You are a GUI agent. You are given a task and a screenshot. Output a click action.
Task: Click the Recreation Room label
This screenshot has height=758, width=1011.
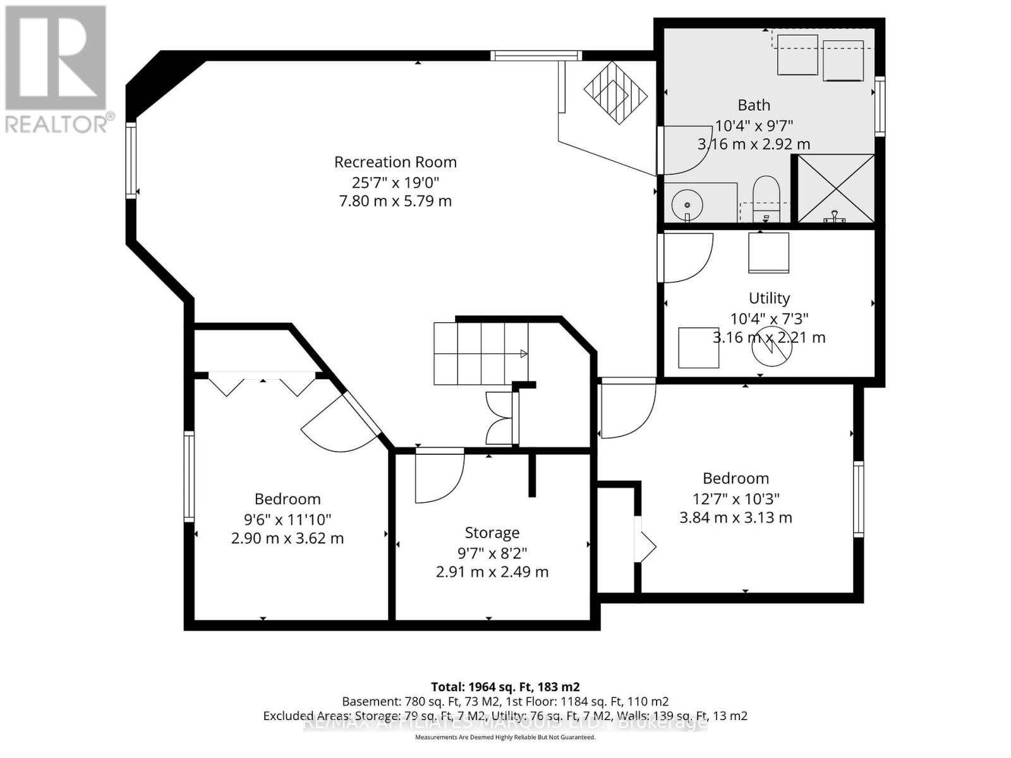coord(396,162)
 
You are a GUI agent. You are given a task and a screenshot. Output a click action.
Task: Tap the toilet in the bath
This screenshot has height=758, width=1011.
coord(766,197)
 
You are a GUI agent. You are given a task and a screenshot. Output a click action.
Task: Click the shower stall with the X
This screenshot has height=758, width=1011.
coord(836,188)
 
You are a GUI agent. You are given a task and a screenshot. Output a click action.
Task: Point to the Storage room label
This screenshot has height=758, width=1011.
coord(492,532)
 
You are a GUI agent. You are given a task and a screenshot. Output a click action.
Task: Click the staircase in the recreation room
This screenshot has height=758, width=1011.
coord(480,354)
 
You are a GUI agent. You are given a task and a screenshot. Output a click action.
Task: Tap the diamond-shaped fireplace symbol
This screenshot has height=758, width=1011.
coord(615,93)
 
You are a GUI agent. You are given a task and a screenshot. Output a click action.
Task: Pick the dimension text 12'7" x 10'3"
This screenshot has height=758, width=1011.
coord(736,498)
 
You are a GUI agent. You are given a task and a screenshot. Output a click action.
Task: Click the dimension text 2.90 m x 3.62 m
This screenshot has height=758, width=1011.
coord(288,539)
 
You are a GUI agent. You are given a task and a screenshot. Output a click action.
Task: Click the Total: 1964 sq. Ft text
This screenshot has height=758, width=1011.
coord(505,687)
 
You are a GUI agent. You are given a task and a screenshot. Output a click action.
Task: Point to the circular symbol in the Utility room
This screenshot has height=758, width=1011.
coord(772,346)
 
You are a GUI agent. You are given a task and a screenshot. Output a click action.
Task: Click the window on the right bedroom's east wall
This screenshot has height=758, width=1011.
coord(858,499)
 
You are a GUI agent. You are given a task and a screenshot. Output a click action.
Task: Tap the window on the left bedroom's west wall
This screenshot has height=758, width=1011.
coord(189,476)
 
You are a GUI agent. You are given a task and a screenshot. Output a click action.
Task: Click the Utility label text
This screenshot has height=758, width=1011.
coord(769,298)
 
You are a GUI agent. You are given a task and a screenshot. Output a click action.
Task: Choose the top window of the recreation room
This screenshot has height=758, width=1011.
coord(536,56)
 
